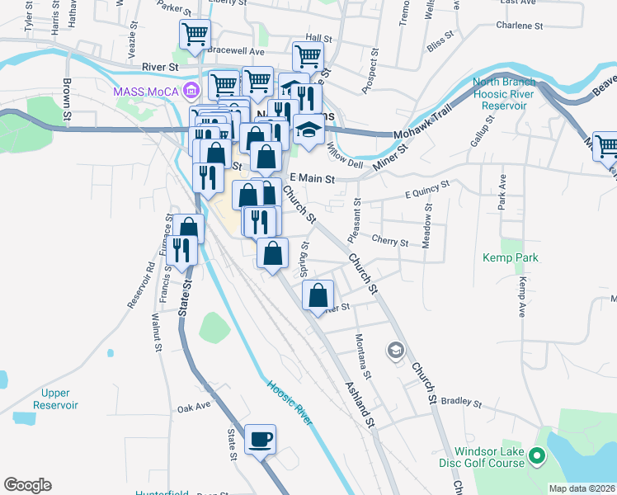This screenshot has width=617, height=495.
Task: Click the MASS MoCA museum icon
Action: tap(191, 89)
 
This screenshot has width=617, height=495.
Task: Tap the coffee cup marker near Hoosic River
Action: tap(261, 439)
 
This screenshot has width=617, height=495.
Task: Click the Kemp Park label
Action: tap(511, 258)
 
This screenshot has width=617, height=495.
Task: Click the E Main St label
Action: tap(312, 178)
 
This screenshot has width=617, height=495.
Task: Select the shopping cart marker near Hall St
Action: tap(308, 57)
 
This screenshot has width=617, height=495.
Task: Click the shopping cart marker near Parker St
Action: tap(195, 35)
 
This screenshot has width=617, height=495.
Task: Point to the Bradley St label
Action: tap(460, 403)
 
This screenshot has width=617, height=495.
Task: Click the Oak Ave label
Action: tap(194, 407)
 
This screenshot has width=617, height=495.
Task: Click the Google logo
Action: tap(27, 485)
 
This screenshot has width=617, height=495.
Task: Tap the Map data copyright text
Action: tap(582, 488)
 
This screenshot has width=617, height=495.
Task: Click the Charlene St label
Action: tap(520, 26)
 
